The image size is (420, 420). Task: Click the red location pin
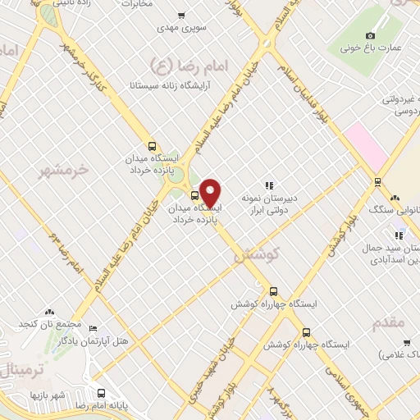[211, 193]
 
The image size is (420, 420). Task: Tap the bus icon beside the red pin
[194, 195]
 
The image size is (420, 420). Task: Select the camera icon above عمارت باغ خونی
[371, 35]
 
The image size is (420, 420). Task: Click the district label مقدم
[388, 322]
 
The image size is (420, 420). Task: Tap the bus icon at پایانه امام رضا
[101, 393]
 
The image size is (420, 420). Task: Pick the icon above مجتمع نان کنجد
[49, 312]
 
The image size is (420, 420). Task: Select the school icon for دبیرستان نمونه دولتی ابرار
[269, 185]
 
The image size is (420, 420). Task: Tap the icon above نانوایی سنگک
[395, 197]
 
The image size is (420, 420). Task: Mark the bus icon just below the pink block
[377, 182]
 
